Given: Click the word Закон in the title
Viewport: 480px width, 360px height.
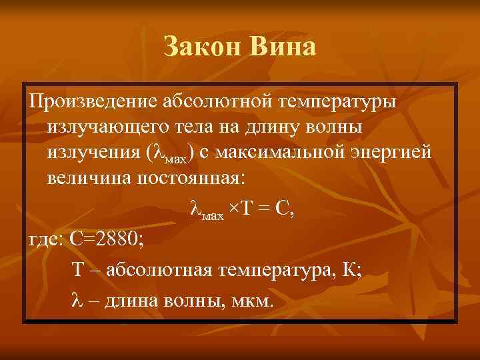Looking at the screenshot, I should tap(202, 48).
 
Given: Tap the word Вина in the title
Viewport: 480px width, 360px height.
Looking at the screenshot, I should tap(282, 48).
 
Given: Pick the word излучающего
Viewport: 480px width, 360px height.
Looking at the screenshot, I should tap(110, 127).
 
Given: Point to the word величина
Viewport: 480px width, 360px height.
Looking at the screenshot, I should tap(86, 178).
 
